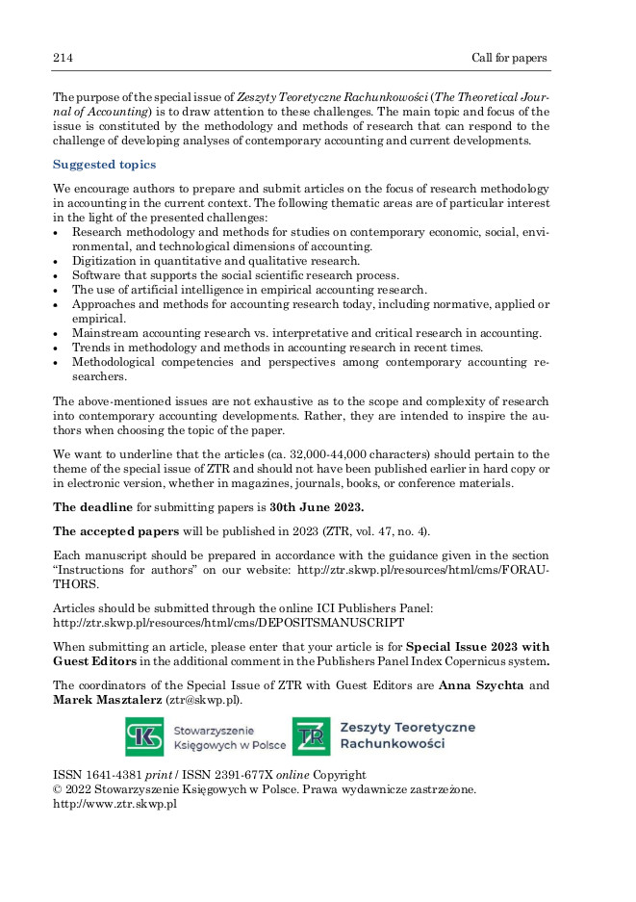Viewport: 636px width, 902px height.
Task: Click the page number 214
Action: [63, 58]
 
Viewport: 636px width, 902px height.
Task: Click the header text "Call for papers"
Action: [509, 58]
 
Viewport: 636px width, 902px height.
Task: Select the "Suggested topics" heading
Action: [104, 165]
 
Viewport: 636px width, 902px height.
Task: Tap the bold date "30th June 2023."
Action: [317, 508]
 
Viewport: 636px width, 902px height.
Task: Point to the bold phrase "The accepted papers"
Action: [115, 531]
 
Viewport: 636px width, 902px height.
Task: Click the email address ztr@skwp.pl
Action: [204, 699]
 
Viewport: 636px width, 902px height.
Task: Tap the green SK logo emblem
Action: [144, 737]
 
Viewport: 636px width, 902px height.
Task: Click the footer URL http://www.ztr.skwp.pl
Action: [114, 804]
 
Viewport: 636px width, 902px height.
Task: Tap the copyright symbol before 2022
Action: [57, 789]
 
